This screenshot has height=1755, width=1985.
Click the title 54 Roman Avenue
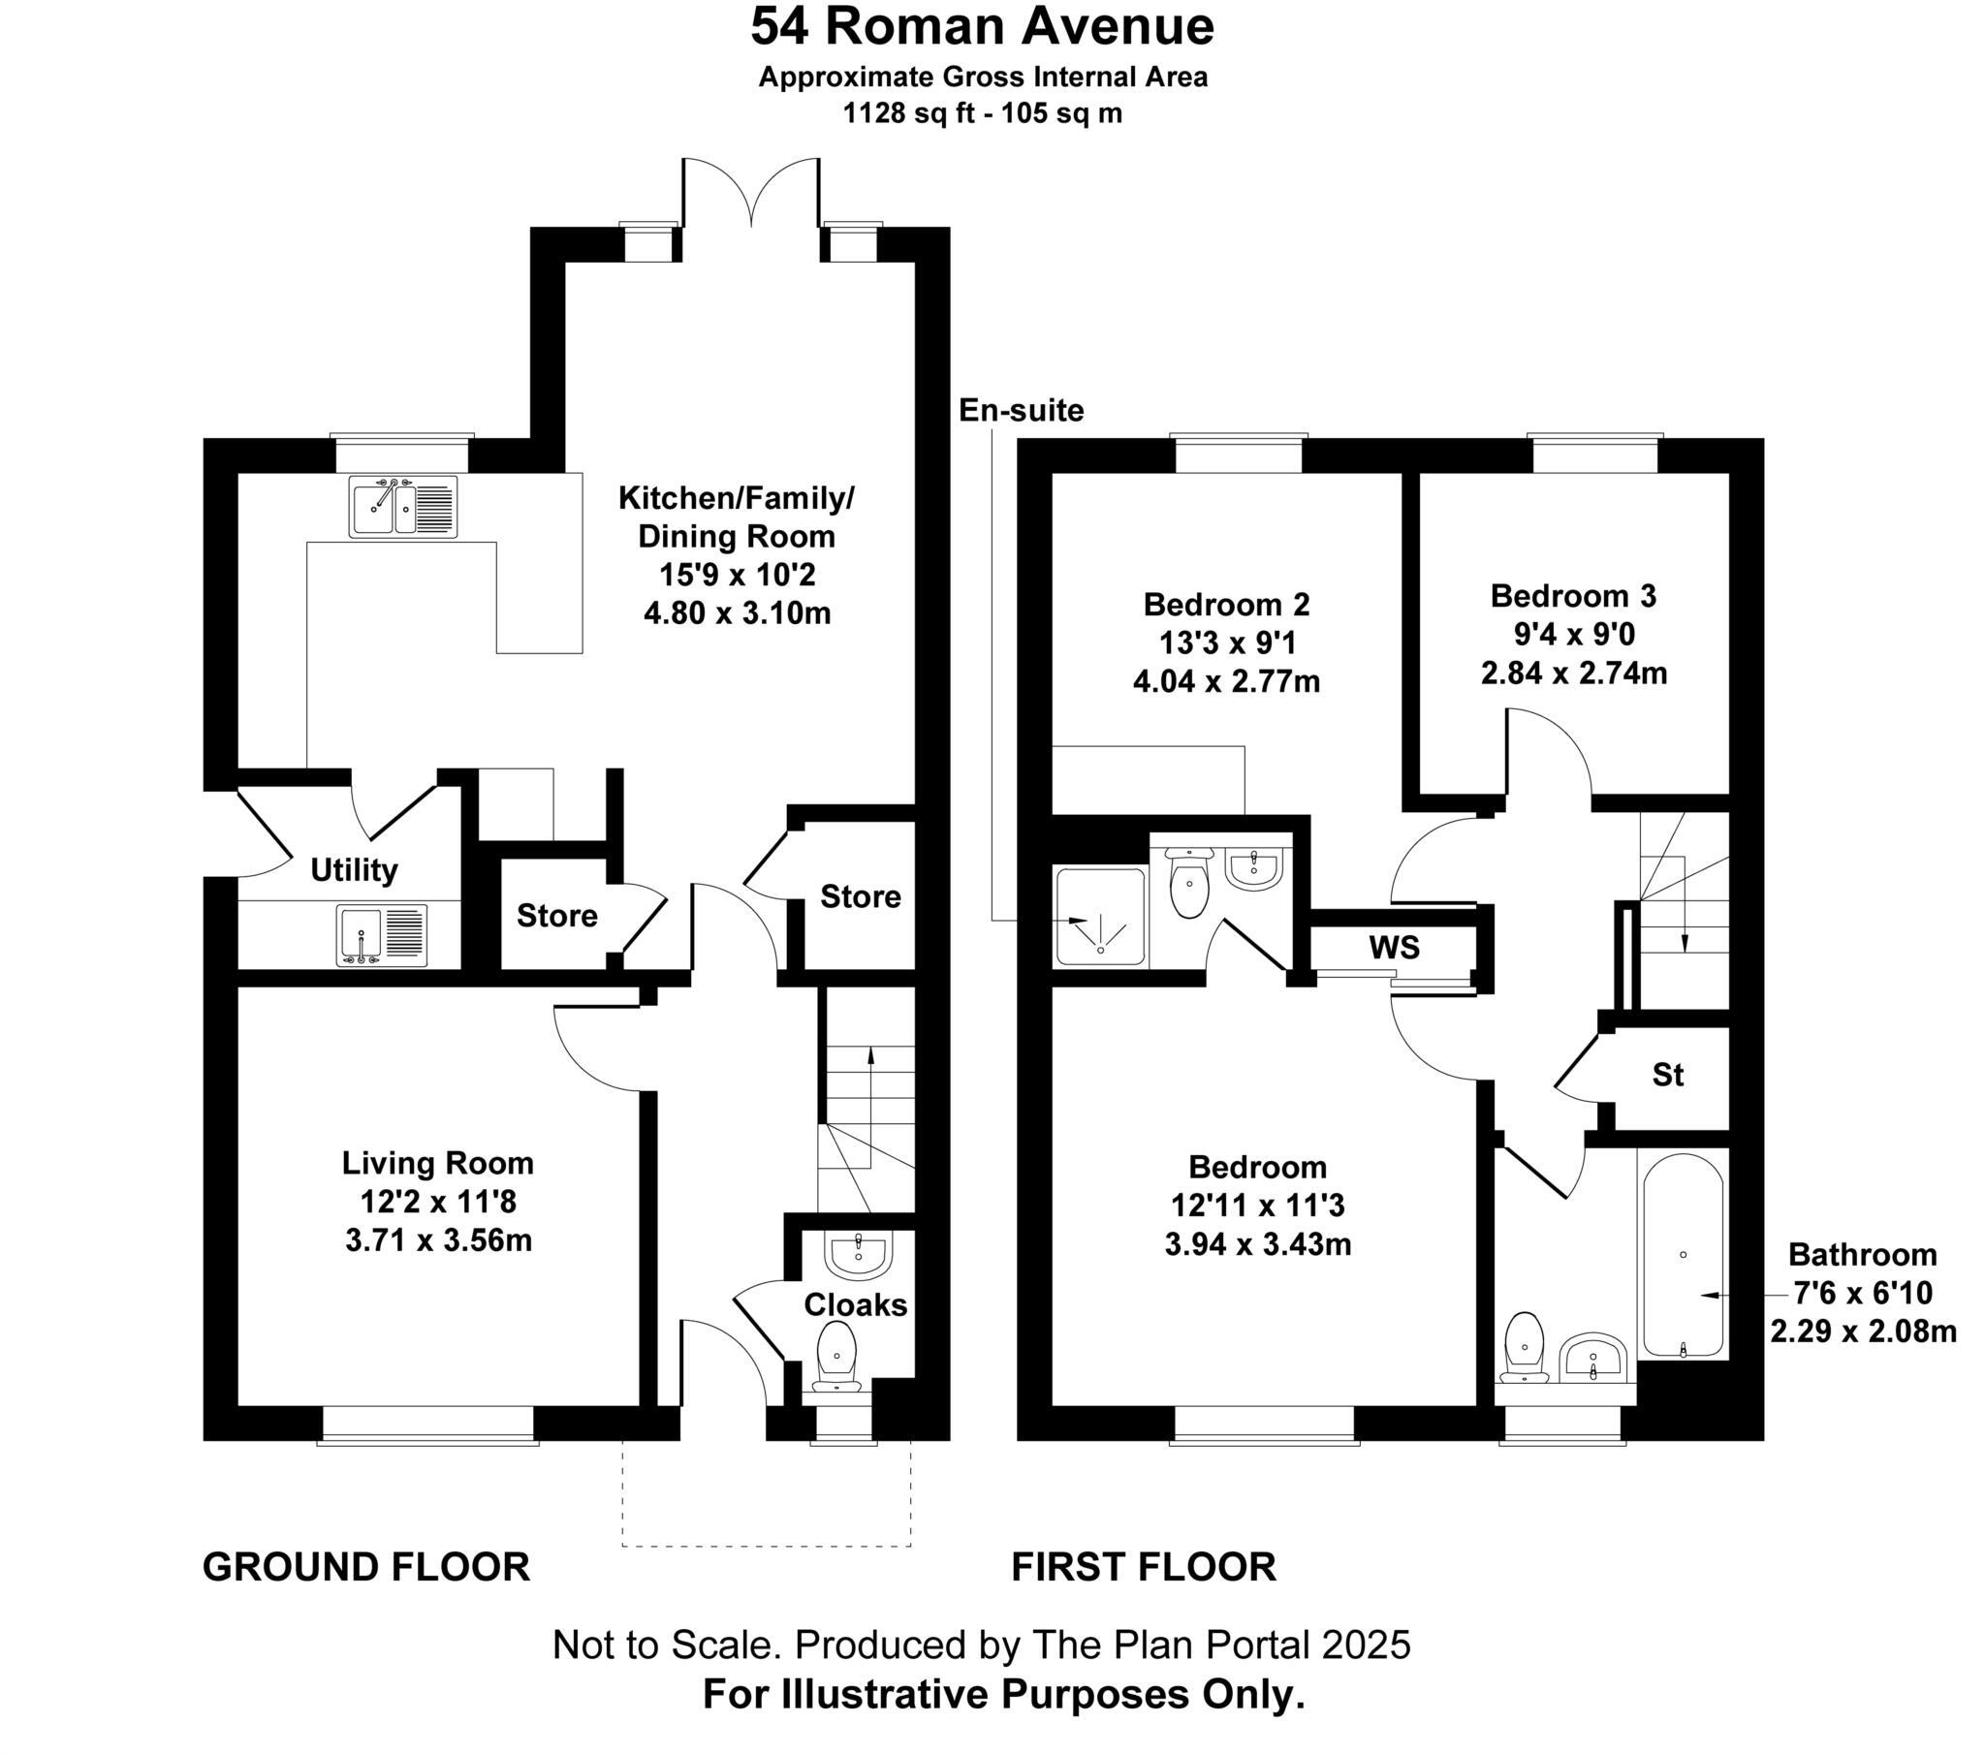tap(982, 27)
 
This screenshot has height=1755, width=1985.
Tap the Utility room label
tap(354, 870)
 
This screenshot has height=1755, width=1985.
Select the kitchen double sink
tap(403, 505)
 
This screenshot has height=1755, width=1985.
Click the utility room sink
tap(382, 936)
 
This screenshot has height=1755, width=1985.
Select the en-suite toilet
tap(1188, 880)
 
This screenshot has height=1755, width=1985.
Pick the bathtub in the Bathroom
tap(1682, 1255)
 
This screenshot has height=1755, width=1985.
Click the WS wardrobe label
tap(1395, 947)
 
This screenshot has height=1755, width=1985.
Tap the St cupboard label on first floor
tap(1667, 1074)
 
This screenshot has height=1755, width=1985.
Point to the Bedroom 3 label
tap(1573, 595)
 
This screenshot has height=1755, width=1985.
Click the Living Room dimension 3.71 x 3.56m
tap(438, 1240)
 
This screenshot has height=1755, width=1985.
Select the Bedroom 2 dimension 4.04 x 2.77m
tap(1226, 682)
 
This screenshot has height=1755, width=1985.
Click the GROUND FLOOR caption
tap(366, 1568)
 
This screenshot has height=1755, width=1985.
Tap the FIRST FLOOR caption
tap(1143, 1568)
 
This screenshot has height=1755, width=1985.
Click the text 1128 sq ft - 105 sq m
tap(982, 113)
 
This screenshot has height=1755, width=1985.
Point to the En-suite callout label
tap(1021, 411)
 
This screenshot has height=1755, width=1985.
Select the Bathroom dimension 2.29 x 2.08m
tap(1863, 1332)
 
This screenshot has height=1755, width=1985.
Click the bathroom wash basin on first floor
tap(1591, 1357)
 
